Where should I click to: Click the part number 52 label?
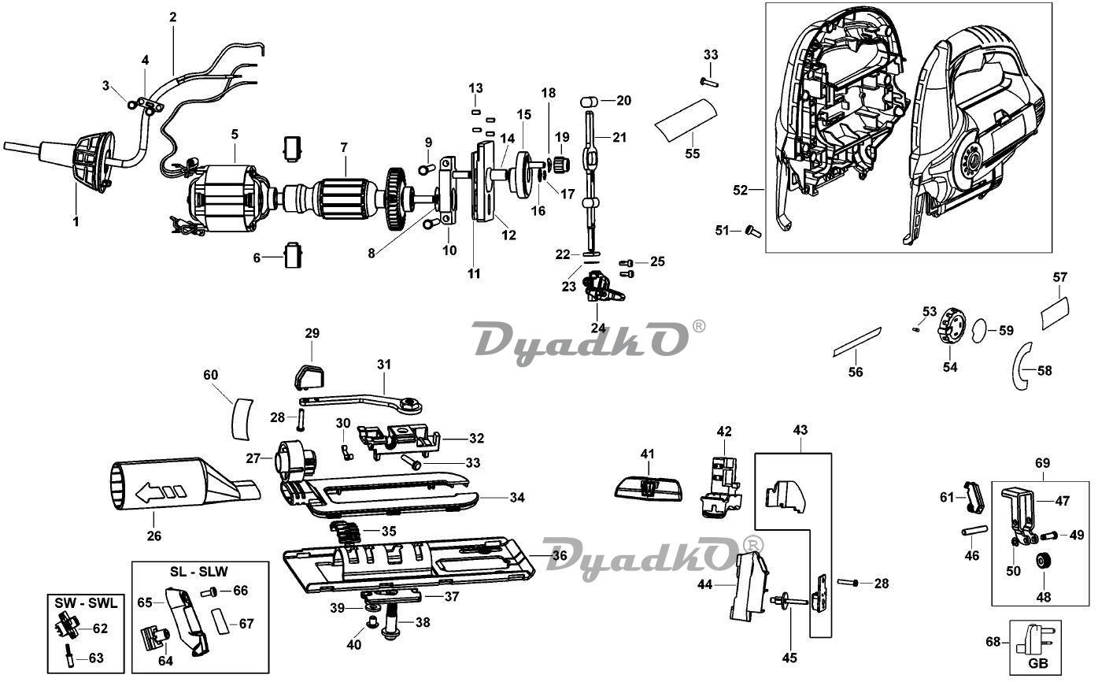point(741,190)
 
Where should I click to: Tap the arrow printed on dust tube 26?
point(159,491)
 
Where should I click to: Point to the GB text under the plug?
point(1038,663)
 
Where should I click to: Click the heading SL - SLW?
point(198,571)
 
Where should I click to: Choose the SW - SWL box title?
point(86,602)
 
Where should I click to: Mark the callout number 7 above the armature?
point(344,147)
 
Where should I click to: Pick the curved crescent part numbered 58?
point(1019,367)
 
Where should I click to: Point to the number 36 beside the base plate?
point(560,555)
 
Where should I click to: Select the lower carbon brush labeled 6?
point(293,255)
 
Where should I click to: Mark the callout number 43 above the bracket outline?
point(800,430)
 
